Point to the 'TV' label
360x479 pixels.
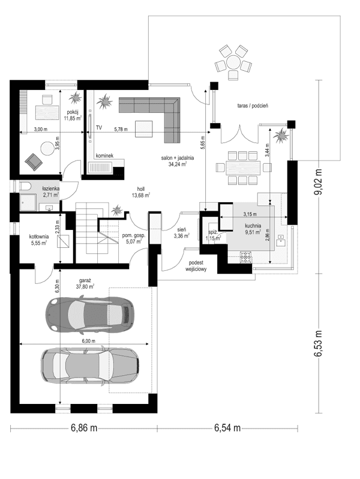98,128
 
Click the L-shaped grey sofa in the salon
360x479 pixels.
157,114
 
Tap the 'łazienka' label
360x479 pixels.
50,188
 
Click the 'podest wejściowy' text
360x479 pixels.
197,267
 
